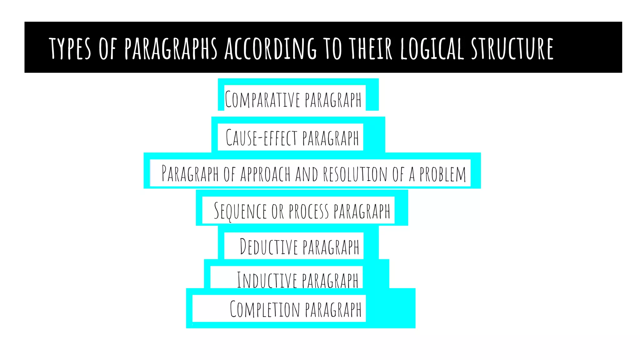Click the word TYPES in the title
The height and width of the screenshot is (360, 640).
[70, 48]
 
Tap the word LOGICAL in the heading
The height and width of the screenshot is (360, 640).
[432, 48]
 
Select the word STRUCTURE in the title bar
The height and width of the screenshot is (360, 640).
[512, 48]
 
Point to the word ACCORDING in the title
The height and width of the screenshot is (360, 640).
[270, 48]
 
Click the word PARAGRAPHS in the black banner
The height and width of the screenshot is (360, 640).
[171, 48]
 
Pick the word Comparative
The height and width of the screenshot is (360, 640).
[262, 100]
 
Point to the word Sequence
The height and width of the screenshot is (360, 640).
[240, 211]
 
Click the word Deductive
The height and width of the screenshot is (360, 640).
[269, 247]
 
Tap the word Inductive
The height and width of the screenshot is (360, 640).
[267, 280]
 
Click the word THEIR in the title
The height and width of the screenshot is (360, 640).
[371, 48]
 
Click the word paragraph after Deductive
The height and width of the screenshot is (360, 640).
[331, 247]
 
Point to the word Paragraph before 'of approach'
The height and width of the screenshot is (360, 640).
[190, 174]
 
